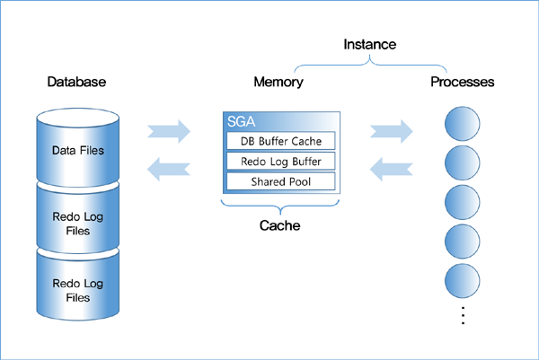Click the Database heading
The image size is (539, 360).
click(x=76, y=82)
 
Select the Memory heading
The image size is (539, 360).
click(x=278, y=82)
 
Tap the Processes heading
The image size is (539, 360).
click(x=462, y=82)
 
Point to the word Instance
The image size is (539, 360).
click(x=369, y=43)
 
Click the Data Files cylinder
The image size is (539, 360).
click(x=77, y=149)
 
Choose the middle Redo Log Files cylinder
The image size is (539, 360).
click(x=77, y=217)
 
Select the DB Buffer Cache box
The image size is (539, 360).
click(x=280, y=141)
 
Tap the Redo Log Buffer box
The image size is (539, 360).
click(x=280, y=162)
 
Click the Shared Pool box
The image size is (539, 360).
click(x=280, y=181)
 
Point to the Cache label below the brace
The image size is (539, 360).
click(x=280, y=226)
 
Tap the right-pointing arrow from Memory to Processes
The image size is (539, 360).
click(x=391, y=131)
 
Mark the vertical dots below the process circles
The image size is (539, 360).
click(x=462, y=316)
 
